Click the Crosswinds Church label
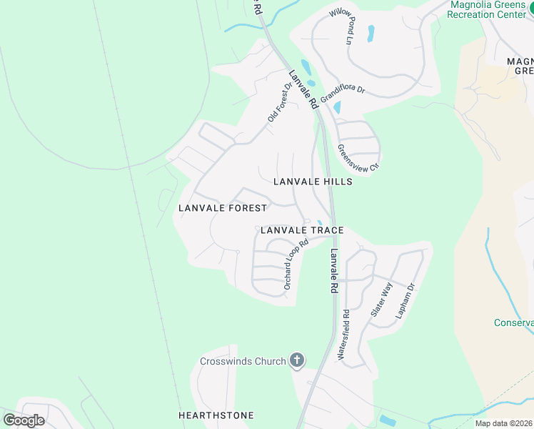tap(243, 361)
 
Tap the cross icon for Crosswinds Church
tap(297, 361)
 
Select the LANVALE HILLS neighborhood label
tap(313, 182)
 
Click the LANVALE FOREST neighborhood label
tap(222, 208)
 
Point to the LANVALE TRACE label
tap(302, 230)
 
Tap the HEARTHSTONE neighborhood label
tap(216, 415)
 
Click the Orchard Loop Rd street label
tap(295, 263)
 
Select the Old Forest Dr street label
tap(280, 103)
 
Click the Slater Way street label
tap(381, 300)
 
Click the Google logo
tap(24, 420)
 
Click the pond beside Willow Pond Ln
tap(371, 33)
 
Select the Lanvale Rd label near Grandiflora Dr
tap(303, 89)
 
